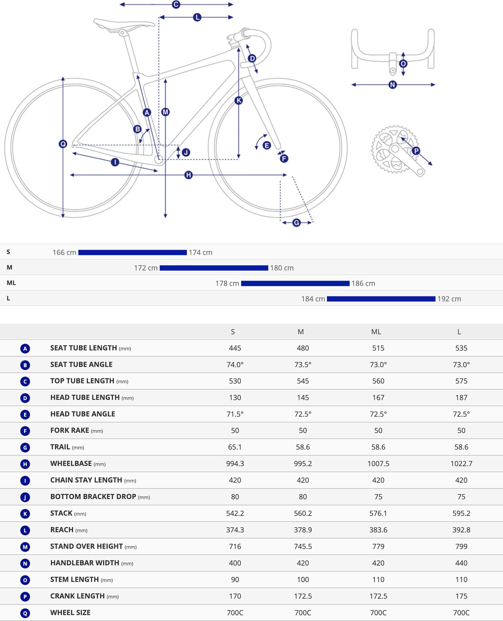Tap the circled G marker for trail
296,223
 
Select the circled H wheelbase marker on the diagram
188,175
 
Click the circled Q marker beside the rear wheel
63,144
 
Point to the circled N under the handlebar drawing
392,85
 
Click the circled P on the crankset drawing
416,151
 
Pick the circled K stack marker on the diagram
238,100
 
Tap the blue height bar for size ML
295,283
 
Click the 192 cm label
449,299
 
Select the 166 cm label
64,253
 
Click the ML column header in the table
376,332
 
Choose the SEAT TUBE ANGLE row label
81,365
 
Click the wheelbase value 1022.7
461,464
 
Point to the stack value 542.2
235,513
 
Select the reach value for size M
303,530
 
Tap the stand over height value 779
378,546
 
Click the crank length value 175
461,596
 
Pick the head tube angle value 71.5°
235,414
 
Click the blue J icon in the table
25,497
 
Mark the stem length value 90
235,580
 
